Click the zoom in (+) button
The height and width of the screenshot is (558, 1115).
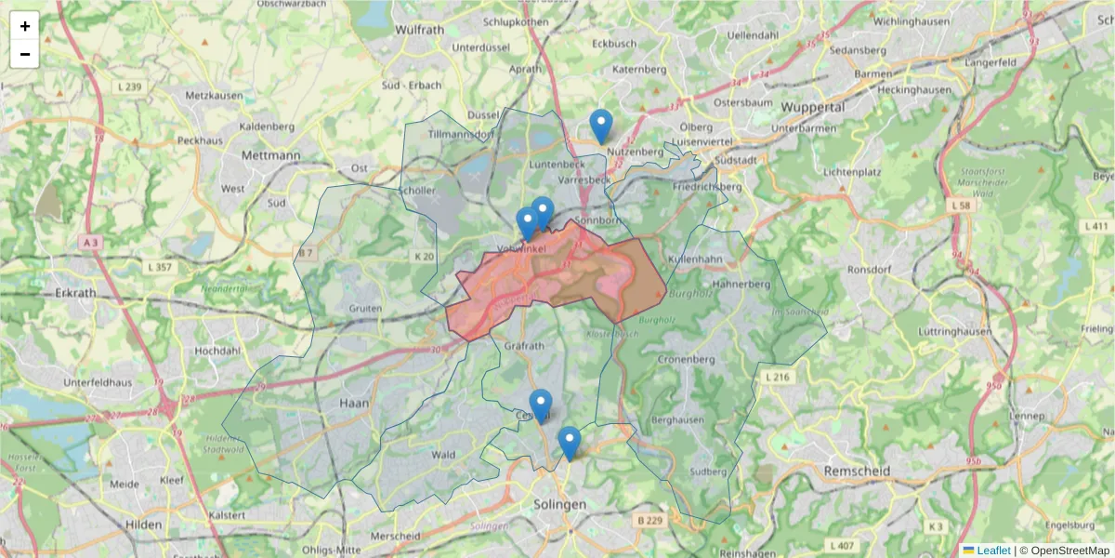click(25, 26)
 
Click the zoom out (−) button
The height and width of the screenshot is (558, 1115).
click(25, 54)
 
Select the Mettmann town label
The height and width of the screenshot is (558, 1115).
click(270, 155)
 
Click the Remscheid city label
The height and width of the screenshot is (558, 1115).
click(857, 472)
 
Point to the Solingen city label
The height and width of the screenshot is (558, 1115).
click(559, 504)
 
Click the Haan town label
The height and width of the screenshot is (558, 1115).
click(355, 404)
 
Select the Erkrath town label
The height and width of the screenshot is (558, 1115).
click(76, 292)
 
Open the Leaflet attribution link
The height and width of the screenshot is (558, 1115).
click(993, 551)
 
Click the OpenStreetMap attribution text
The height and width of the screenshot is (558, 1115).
click(1069, 551)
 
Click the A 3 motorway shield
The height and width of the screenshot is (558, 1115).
click(89, 242)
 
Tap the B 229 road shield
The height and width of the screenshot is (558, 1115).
click(649, 521)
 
